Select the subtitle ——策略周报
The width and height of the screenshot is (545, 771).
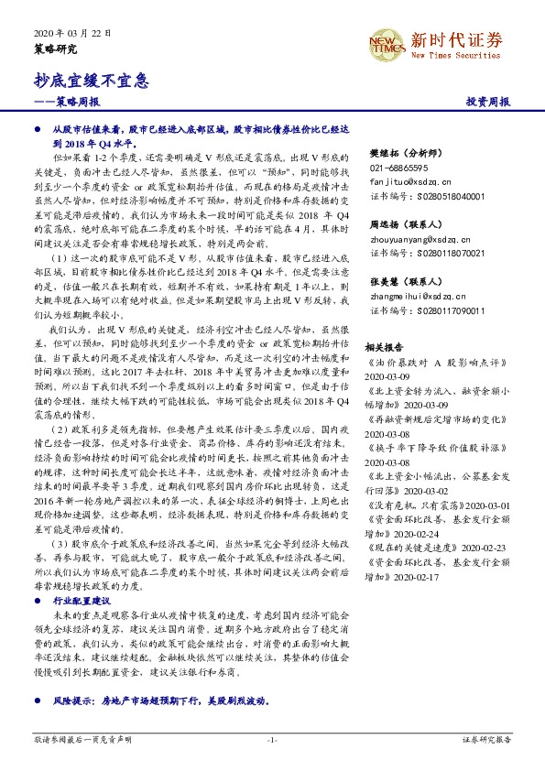click(x=66, y=103)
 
